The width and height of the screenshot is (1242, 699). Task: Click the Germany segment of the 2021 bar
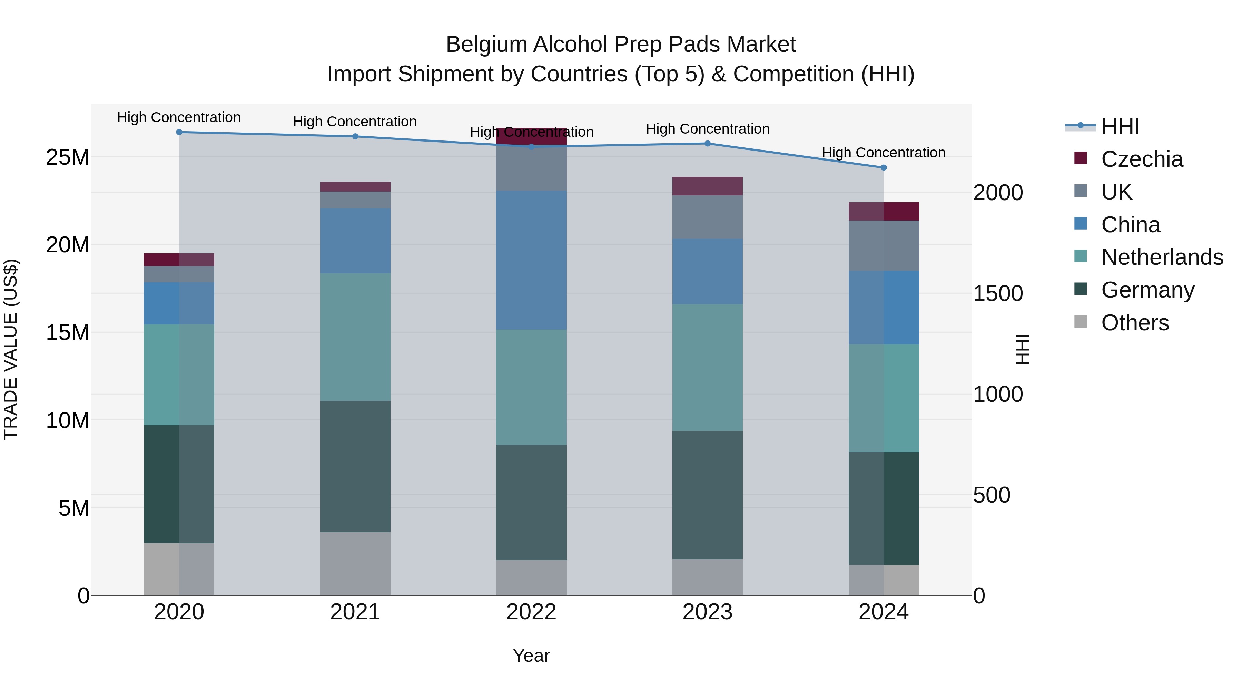(x=355, y=466)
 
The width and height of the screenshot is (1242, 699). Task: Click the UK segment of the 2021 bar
(x=355, y=200)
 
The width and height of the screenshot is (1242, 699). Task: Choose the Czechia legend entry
(x=1142, y=159)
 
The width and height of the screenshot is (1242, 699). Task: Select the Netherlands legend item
(x=1162, y=257)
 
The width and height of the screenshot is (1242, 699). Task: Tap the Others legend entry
(x=1135, y=323)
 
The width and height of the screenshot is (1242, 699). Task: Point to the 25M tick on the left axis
(x=68, y=157)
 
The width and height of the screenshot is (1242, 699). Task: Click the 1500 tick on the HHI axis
(x=997, y=293)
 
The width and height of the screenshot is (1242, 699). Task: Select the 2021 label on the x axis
(x=355, y=612)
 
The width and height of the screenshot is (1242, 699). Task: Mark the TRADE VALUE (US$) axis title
(x=11, y=349)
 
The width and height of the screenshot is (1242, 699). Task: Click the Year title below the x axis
(x=531, y=656)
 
